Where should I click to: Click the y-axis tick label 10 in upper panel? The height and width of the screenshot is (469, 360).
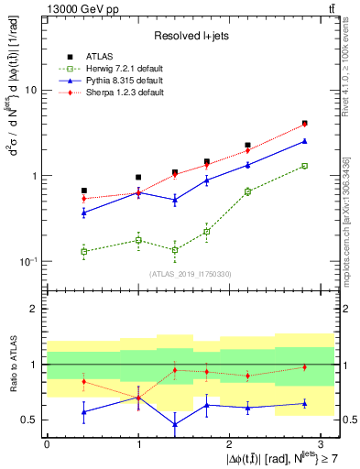(x=30, y=91)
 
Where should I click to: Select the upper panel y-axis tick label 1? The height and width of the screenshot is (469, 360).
(x=34, y=176)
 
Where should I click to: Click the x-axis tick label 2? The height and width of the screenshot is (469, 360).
(x=229, y=443)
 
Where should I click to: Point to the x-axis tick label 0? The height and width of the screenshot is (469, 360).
(x=47, y=443)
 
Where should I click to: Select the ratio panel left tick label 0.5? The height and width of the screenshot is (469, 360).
(x=29, y=420)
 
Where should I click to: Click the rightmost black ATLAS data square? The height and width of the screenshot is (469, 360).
(x=304, y=123)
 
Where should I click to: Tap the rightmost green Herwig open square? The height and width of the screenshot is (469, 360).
(x=304, y=166)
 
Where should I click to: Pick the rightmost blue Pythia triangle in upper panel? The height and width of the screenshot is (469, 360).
(x=304, y=141)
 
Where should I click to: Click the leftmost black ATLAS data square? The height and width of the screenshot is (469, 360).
(x=84, y=191)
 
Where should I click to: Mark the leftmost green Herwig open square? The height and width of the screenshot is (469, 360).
(x=84, y=251)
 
